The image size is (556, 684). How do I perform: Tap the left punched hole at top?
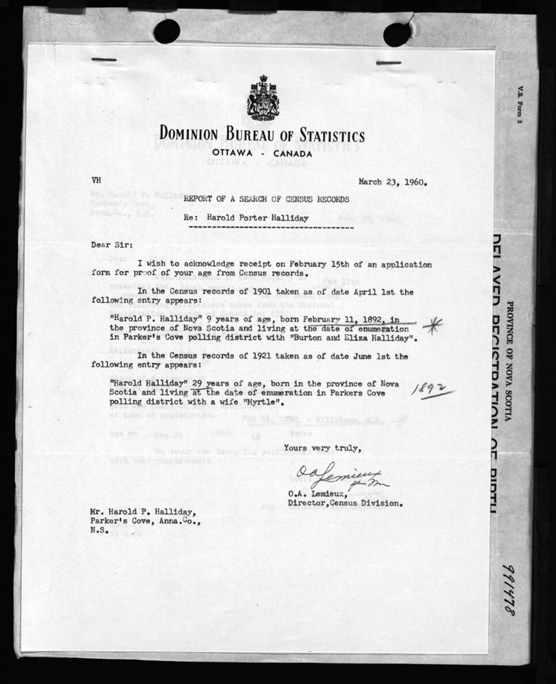[167, 31]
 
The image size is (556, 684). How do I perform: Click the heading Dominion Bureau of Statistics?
[262, 134]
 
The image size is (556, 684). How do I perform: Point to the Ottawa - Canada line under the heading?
[262, 153]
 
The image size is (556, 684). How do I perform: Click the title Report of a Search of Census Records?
[262, 199]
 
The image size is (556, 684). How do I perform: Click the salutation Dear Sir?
[112, 244]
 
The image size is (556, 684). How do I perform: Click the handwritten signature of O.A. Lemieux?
[339, 476]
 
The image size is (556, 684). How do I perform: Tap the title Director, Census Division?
[345, 504]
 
